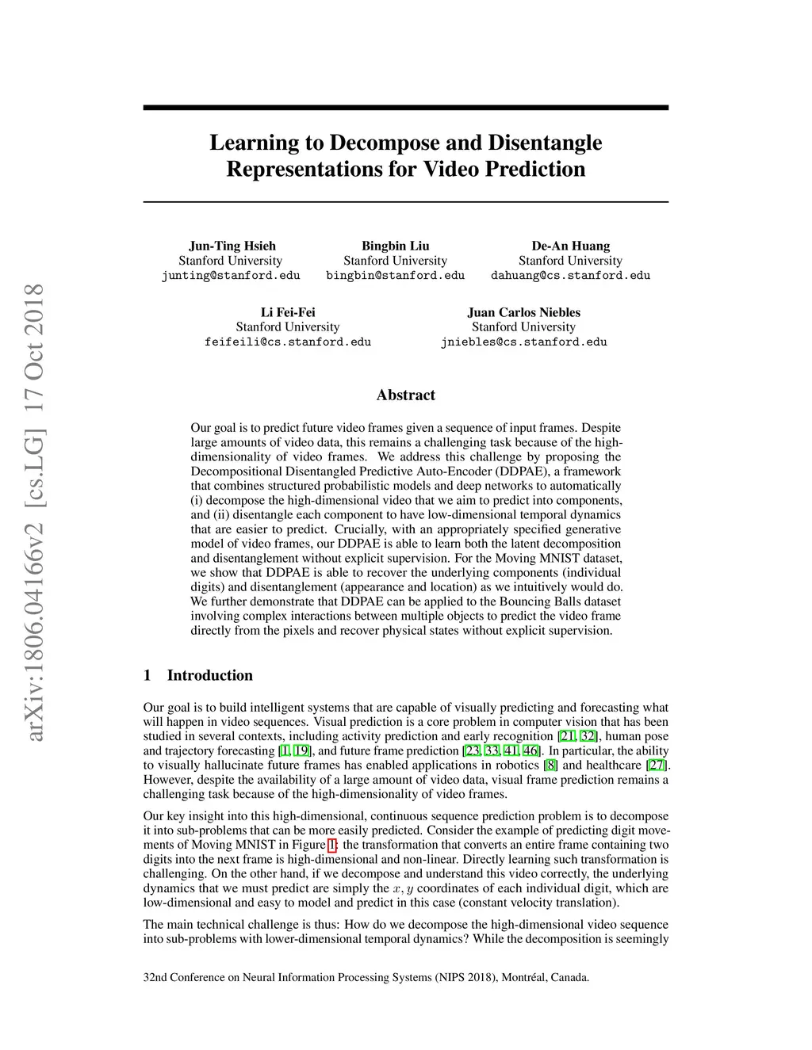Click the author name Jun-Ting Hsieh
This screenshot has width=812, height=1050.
(232, 246)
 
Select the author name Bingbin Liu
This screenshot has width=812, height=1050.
(395, 246)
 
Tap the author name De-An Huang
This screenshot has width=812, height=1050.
(570, 246)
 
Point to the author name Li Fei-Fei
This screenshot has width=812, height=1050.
(288, 312)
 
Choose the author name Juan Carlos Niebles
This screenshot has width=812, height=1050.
(523, 312)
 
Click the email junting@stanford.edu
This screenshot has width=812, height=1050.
(231, 276)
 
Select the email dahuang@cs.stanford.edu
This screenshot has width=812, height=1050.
(570, 276)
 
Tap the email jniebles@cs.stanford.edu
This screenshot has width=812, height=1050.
(523, 342)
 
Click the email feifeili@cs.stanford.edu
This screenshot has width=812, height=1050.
(288, 342)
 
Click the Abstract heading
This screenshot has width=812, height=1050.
(405, 395)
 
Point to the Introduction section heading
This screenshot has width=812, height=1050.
(209, 675)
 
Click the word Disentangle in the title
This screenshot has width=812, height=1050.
(545, 143)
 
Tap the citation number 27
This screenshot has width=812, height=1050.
(657, 766)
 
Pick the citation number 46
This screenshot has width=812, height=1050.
(530, 751)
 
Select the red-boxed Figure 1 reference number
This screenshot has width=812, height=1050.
(332, 845)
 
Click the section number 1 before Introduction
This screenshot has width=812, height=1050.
(147, 675)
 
